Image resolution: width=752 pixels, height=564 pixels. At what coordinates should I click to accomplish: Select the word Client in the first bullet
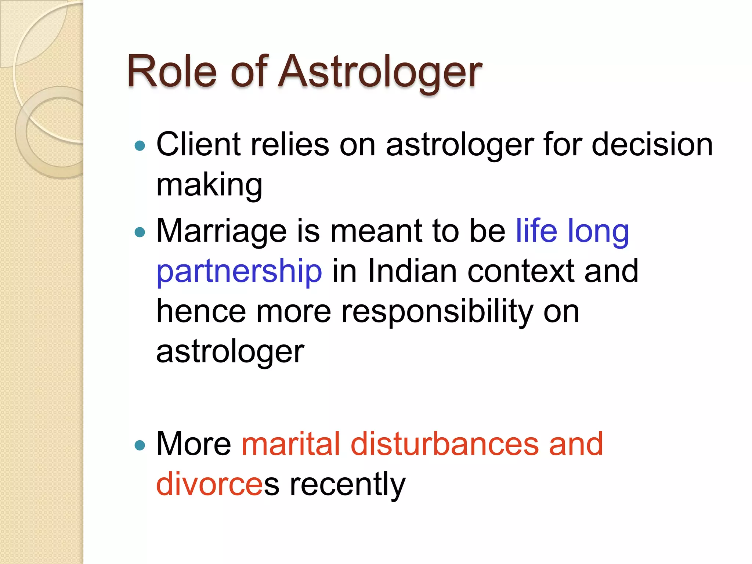198,144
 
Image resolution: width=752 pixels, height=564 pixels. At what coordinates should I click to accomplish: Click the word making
209,185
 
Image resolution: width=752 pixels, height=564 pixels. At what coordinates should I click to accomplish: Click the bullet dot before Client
140,146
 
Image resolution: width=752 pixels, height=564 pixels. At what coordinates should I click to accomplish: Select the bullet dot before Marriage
140,232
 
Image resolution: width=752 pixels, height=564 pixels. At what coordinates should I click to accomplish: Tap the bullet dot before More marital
140,445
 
